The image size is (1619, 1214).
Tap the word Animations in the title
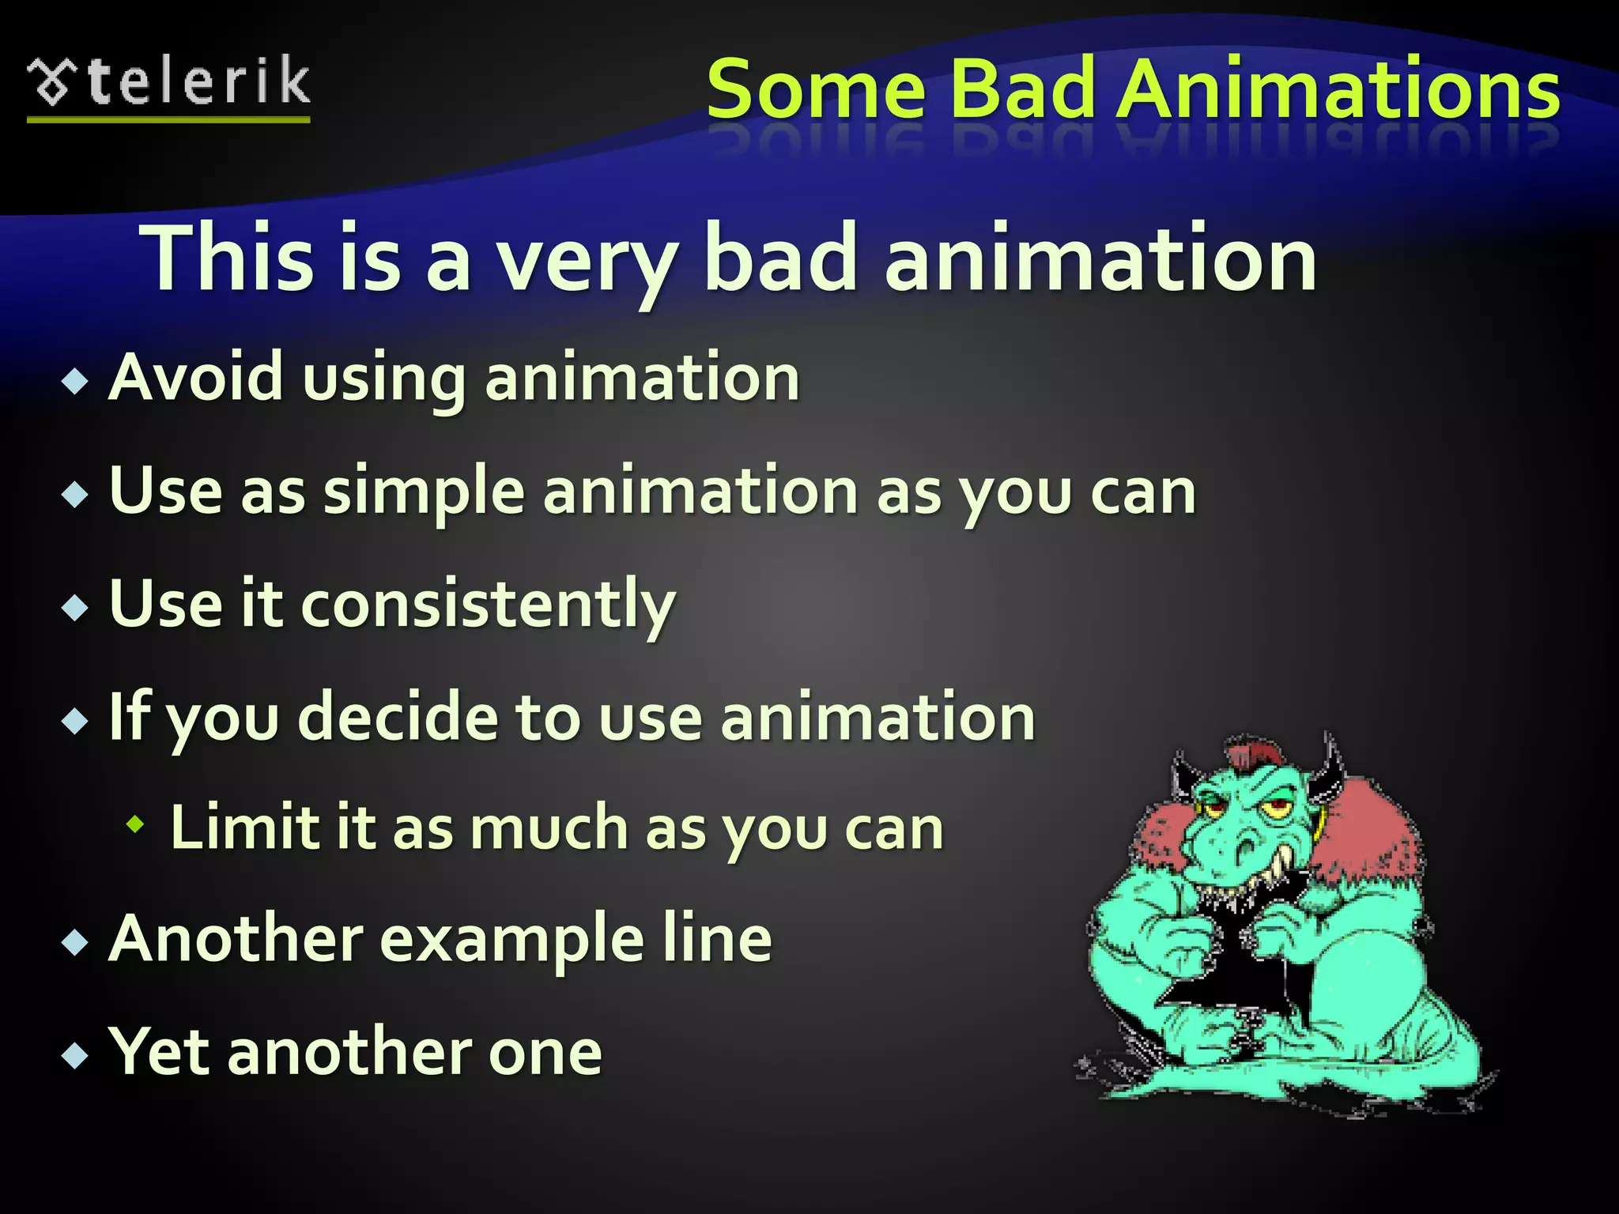pyautogui.click(x=1339, y=89)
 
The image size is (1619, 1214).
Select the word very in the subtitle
pyautogui.click(x=587, y=261)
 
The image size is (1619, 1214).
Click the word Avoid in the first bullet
pyautogui.click(x=195, y=377)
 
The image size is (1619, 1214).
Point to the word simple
pyautogui.click(x=424, y=492)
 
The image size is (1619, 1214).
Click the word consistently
pyautogui.click(x=488, y=605)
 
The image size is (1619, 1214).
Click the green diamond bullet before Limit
pyautogui.click(x=136, y=825)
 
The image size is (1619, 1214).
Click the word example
pyautogui.click(x=512, y=939)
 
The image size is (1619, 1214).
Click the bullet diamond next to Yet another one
pyautogui.click(x=75, y=1055)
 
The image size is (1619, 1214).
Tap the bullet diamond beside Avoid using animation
pyautogui.click(x=75, y=382)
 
